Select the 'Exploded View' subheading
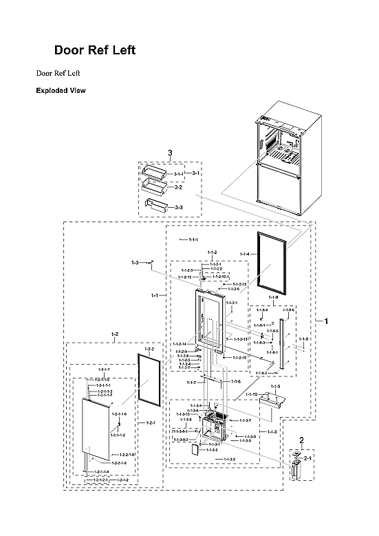click(61, 90)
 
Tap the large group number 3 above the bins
click(170, 152)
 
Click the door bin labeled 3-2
click(153, 186)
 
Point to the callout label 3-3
click(178, 207)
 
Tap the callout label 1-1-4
click(244, 255)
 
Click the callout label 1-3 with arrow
click(136, 263)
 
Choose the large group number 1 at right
click(326, 321)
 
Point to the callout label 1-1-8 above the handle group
click(273, 297)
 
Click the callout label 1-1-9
click(304, 339)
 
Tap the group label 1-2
click(114, 334)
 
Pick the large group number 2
click(301, 440)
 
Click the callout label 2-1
click(307, 458)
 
